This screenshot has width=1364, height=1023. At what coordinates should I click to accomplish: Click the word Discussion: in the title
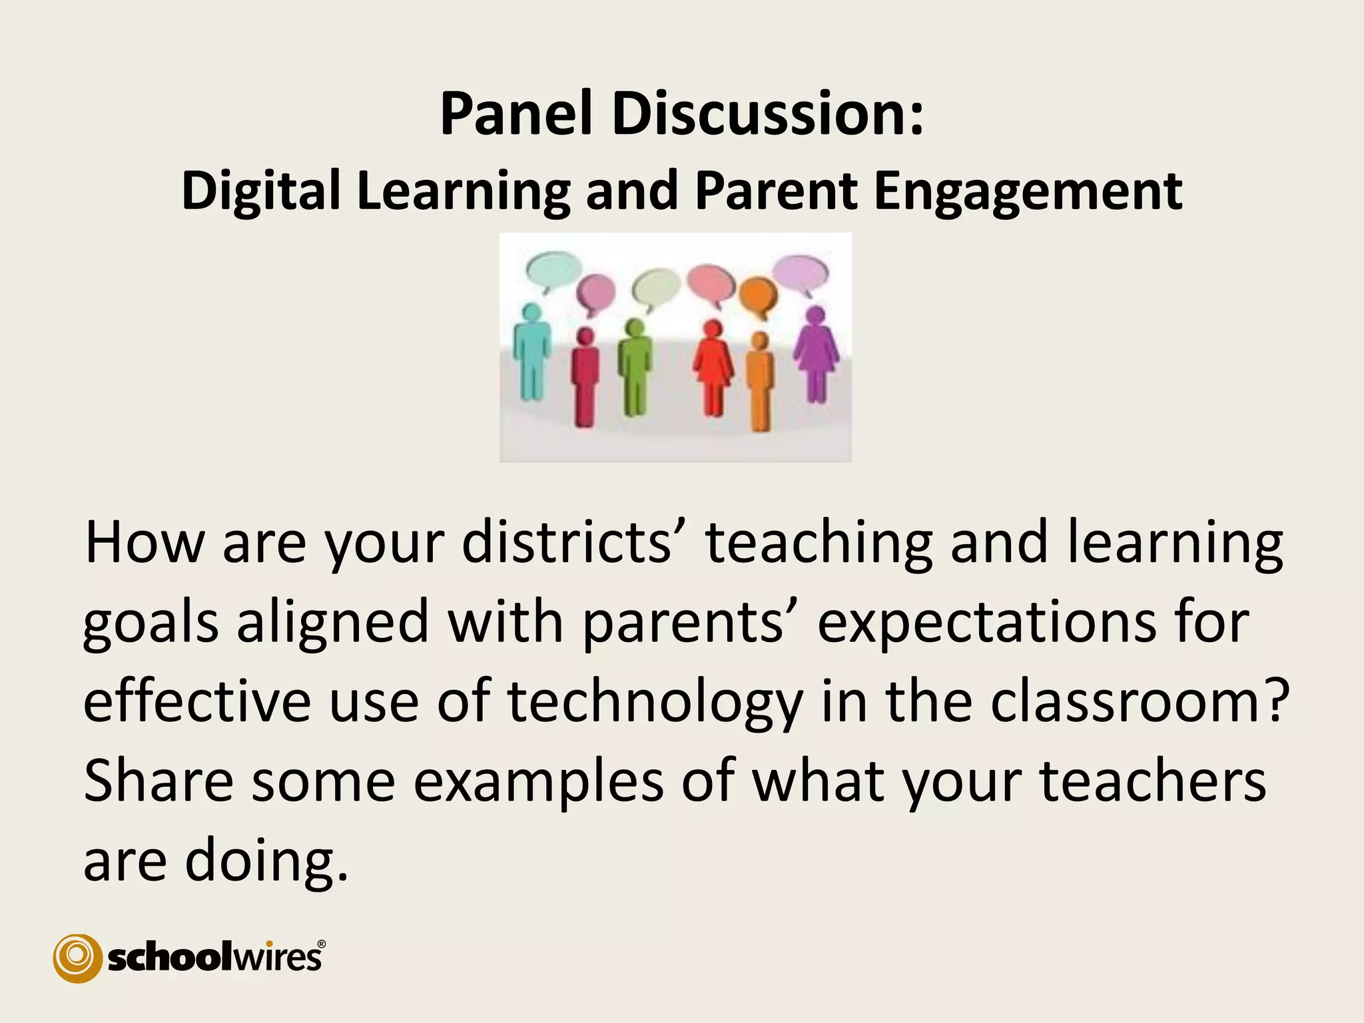click(x=768, y=114)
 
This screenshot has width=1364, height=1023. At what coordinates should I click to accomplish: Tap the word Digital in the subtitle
click(x=261, y=190)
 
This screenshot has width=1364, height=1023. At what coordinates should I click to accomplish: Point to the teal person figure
click(x=531, y=352)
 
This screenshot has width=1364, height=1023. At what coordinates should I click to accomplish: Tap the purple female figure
click(x=816, y=353)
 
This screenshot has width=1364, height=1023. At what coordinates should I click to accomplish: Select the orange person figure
click(x=759, y=382)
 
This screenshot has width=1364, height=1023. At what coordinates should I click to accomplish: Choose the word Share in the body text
click(x=159, y=781)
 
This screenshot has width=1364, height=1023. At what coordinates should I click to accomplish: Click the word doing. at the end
click(x=266, y=860)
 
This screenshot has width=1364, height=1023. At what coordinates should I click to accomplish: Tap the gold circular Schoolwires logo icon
click(x=77, y=958)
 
